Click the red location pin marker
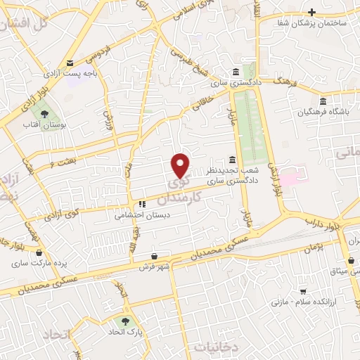coord(181,165)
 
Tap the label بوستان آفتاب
coord(44,124)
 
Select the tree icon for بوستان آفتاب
coord(44,113)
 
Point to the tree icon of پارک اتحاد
coord(127,319)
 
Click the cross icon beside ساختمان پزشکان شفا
coord(312,12)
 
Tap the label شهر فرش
coord(156,267)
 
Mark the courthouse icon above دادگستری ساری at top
coord(236,72)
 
